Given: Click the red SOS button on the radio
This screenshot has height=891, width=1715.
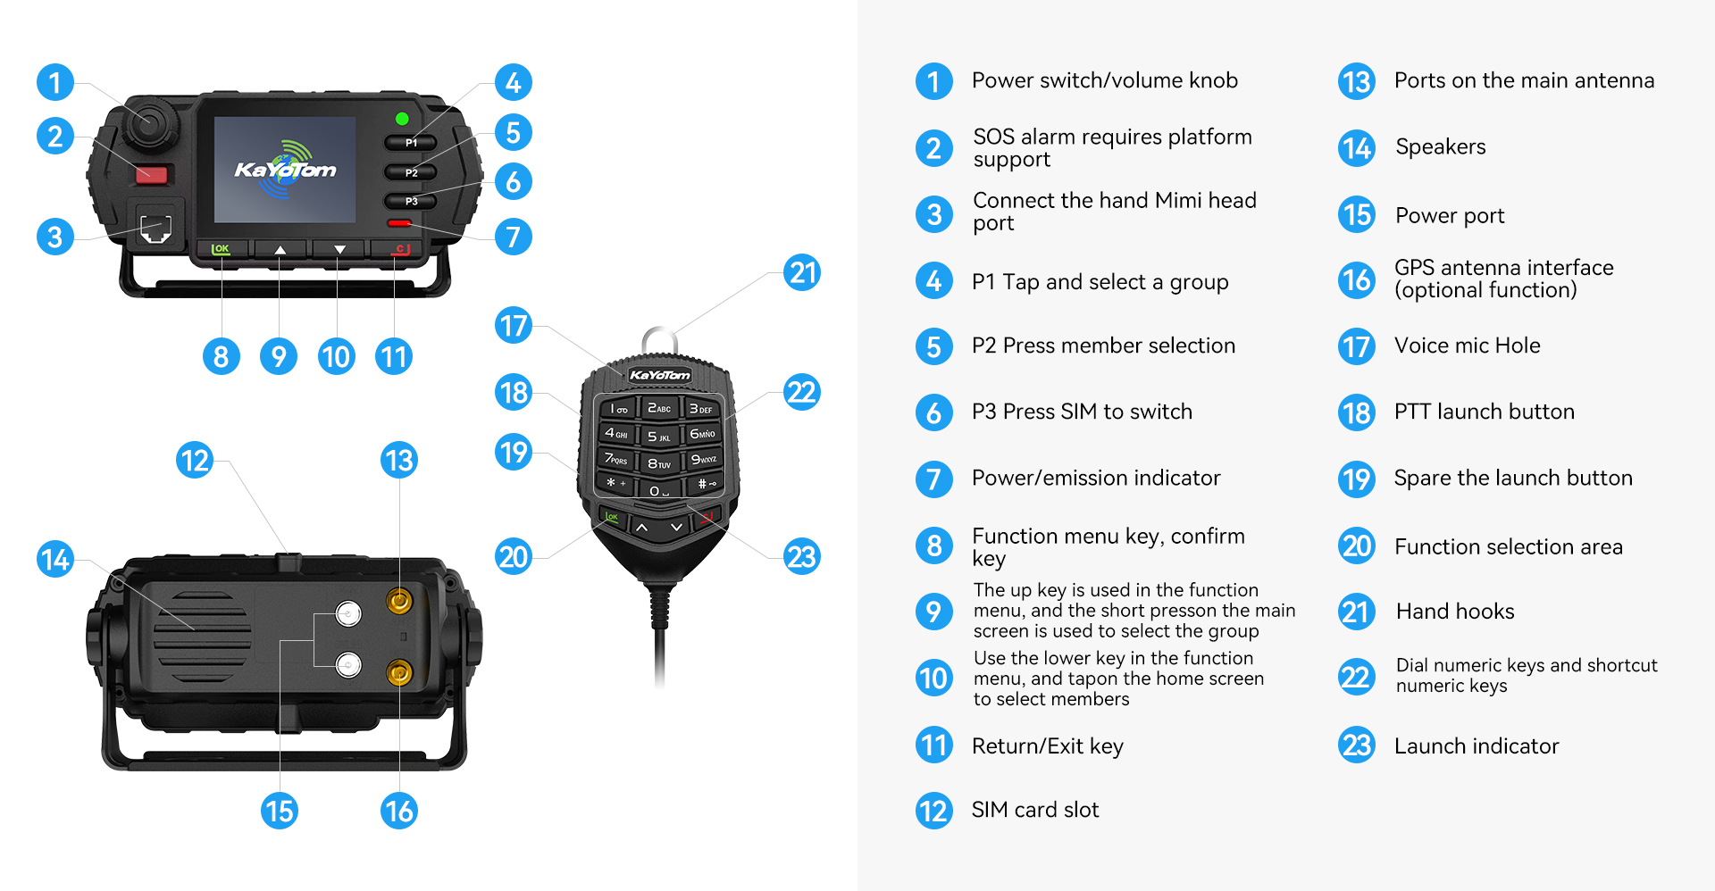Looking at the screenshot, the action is tap(152, 174).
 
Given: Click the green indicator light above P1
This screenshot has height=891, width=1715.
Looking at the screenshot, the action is tap(402, 119).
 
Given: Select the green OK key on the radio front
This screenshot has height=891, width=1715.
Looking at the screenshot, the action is tap(221, 249).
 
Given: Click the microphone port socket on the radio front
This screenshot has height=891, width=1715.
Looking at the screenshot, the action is tap(155, 227).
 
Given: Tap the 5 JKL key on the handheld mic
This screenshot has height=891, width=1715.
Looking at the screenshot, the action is tap(658, 436).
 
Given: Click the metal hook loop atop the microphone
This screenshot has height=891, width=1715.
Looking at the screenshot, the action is tap(659, 339).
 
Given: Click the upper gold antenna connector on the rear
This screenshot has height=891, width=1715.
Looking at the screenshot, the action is tap(399, 601).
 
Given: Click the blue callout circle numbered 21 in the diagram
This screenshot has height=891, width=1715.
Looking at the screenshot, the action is tap(802, 272).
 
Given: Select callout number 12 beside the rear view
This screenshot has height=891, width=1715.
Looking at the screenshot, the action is tap(195, 461).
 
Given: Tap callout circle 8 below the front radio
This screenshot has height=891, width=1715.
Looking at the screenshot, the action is tap(222, 357).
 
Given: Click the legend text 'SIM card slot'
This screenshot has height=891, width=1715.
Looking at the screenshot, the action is tap(1035, 810).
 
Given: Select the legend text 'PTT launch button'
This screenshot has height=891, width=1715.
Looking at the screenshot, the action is tap(1485, 412).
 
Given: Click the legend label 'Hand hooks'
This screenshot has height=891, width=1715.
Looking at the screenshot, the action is tap(1455, 612).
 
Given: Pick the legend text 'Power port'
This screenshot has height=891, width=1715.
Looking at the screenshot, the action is tap(1450, 216).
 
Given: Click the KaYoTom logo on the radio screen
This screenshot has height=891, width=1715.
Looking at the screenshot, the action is tap(285, 167).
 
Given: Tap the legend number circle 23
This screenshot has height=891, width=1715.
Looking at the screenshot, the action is tap(1357, 745).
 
